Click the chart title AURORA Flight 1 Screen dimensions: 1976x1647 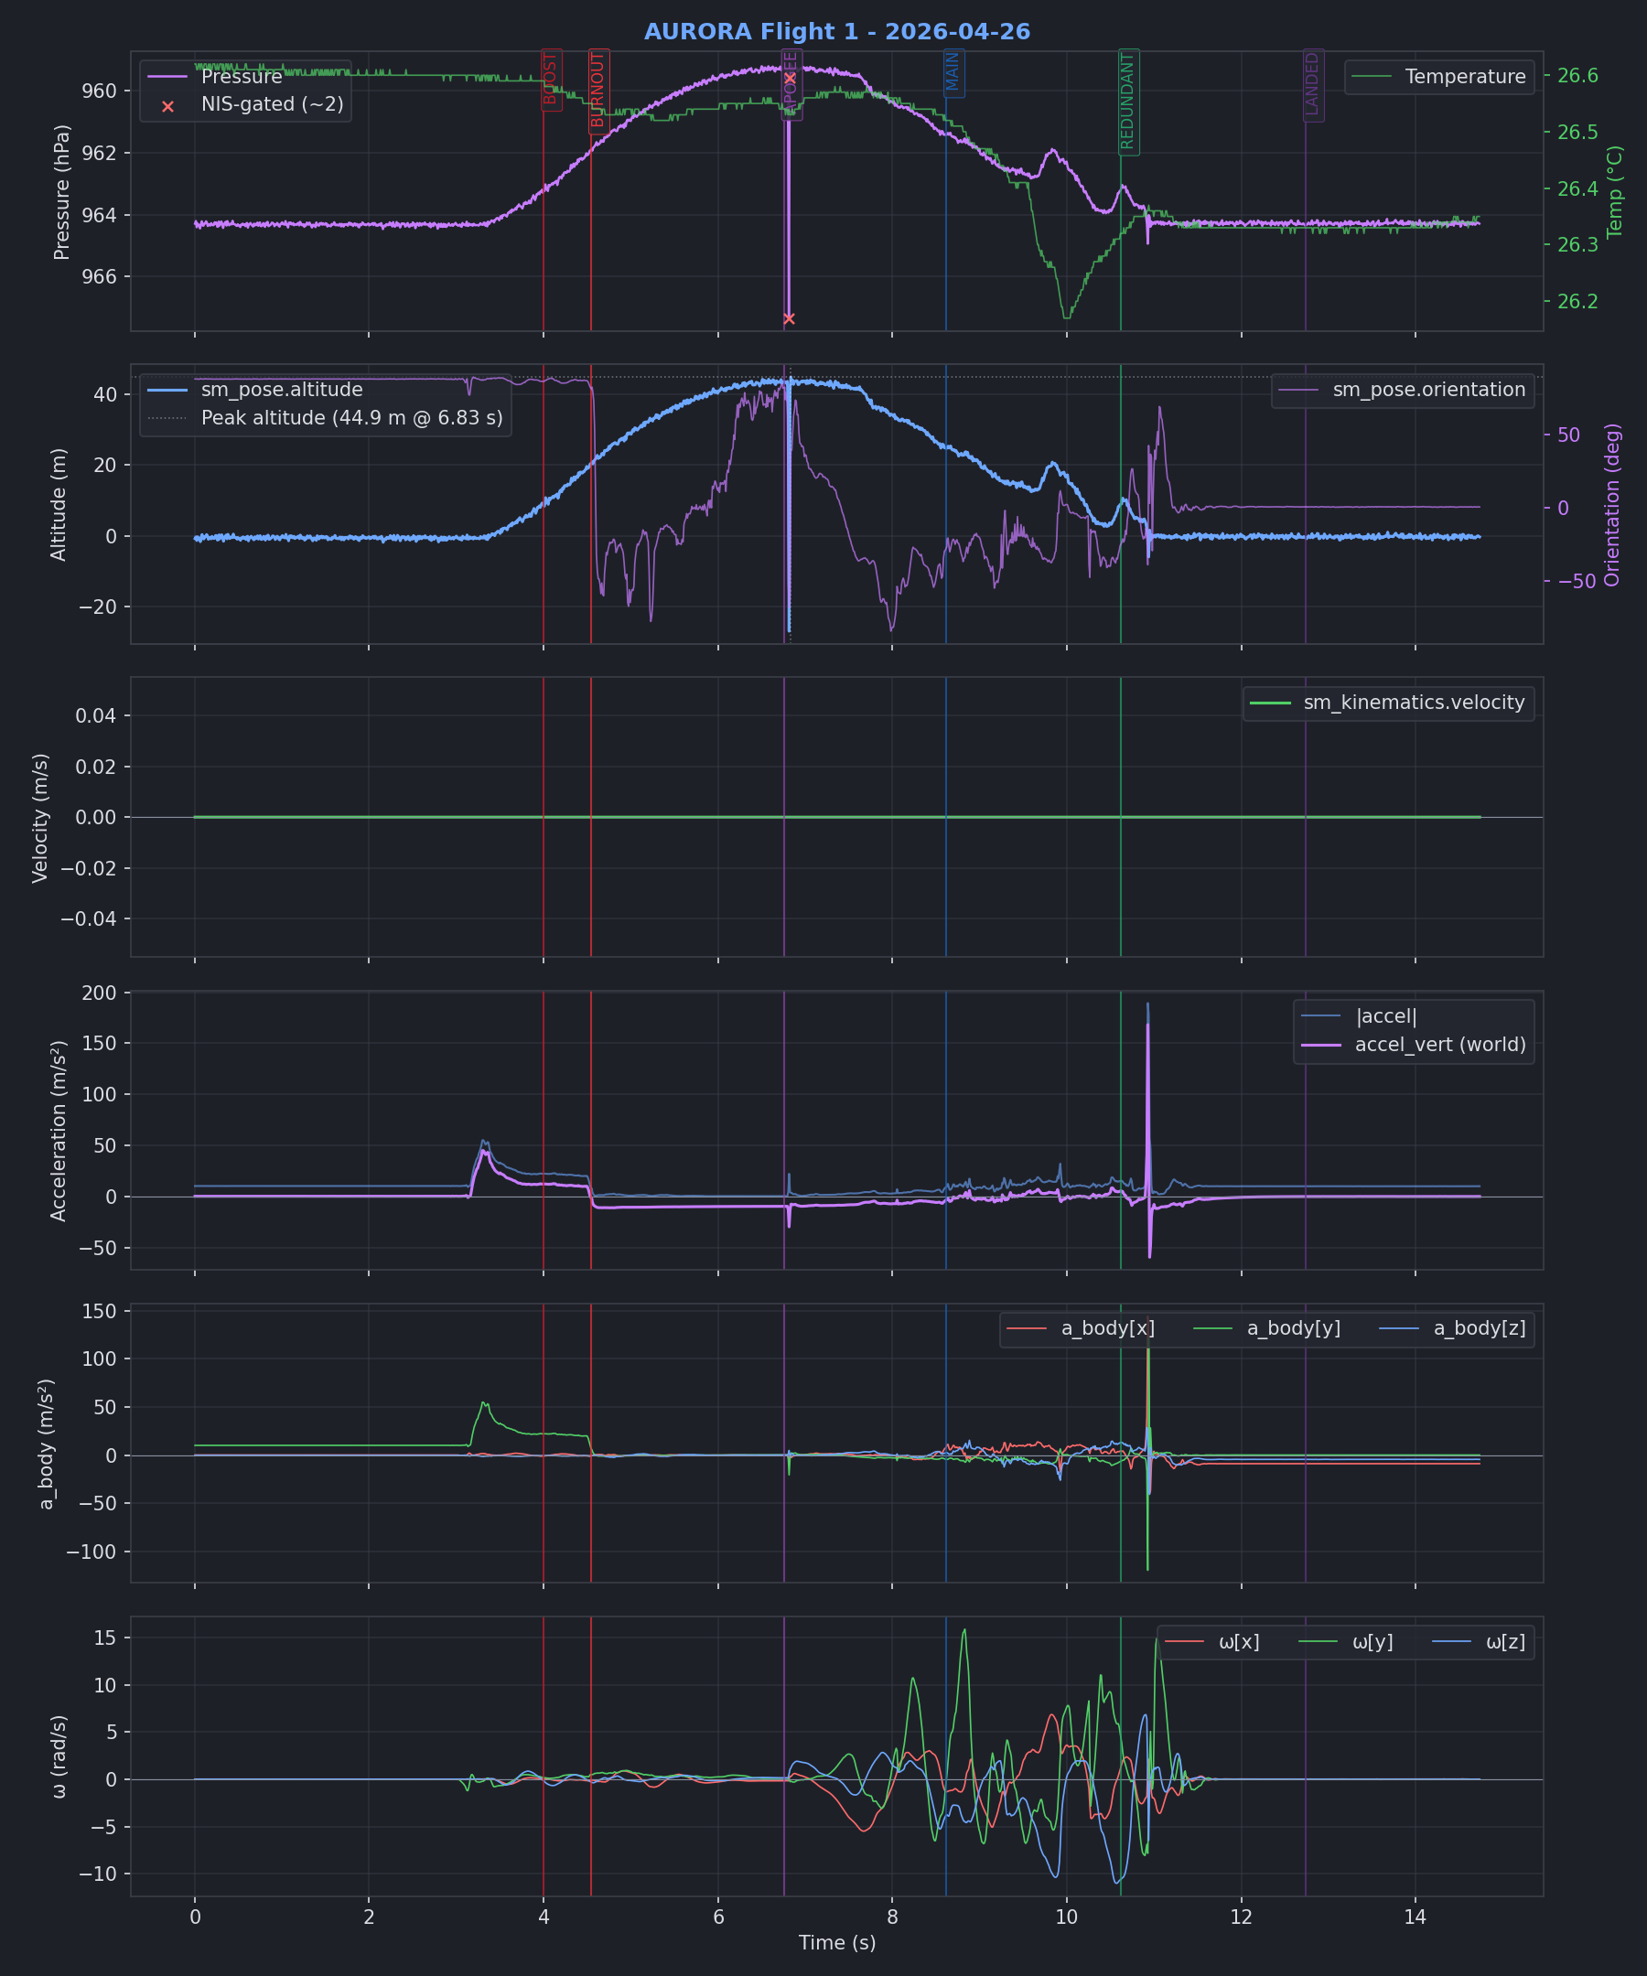836,32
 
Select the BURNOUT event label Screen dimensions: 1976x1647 598,91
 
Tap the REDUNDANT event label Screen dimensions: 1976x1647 1128,102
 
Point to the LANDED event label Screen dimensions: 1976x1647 1313,85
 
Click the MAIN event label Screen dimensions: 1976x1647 953,72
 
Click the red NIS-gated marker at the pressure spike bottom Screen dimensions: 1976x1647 789,319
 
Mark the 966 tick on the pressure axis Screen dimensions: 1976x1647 99,277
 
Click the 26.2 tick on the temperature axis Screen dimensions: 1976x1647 1577,302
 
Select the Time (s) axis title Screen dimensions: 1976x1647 836,1942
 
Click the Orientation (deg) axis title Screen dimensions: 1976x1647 1613,505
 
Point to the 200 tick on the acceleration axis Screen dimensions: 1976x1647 99,993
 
